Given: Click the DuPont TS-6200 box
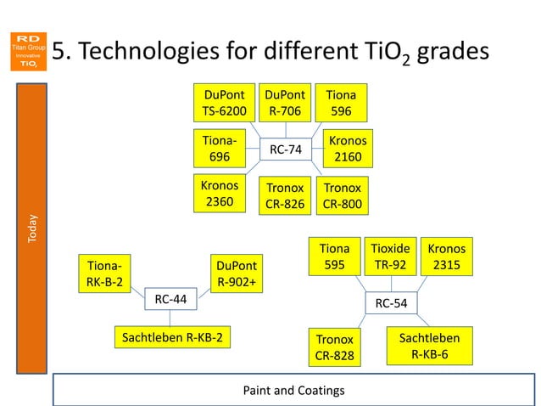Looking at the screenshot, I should pyautogui.click(x=224, y=102).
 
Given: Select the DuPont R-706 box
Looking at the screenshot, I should pyautogui.click(x=285, y=102).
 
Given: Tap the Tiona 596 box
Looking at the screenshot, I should pyautogui.click(x=342, y=102).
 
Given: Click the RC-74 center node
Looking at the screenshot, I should pyautogui.click(x=286, y=149).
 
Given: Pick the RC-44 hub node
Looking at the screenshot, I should pyautogui.click(x=170, y=299).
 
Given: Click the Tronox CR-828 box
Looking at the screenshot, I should pyautogui.click(x=335, y=347).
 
